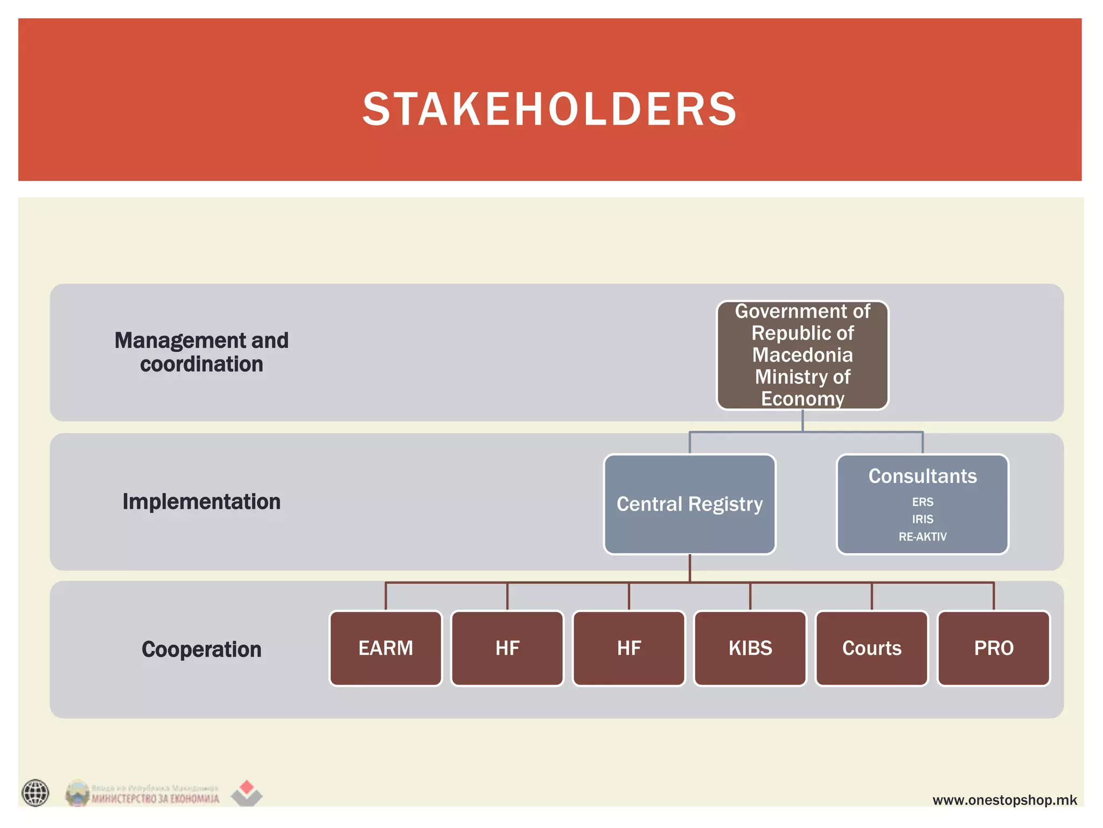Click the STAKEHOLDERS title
549,109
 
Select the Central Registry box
689,504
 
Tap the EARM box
386,648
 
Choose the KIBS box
750,648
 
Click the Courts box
872,648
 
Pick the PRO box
994,648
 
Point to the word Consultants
923,476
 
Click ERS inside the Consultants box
923,502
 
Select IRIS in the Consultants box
923,519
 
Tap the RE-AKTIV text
923,536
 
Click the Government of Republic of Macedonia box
802,355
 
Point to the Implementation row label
201,501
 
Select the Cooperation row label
201,649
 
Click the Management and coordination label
201,352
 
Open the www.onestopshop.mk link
1004,800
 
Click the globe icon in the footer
36,793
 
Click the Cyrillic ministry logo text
155,798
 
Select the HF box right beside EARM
507,648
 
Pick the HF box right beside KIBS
629,648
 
